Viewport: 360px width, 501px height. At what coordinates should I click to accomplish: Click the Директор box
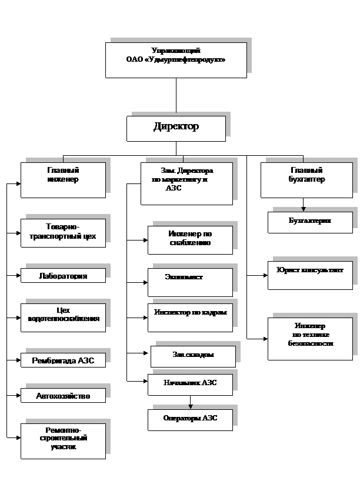pos(176,128)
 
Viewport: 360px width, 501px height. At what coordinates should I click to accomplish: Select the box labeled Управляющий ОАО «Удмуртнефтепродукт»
pos(176,59)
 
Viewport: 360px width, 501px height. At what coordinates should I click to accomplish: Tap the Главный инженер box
pos(63,180)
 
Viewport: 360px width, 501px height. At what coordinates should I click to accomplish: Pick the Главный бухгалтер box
pos(306,180)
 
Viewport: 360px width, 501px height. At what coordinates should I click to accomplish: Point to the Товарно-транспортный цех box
pos(63,233)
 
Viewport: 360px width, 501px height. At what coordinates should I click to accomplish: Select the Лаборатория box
pos(63,276)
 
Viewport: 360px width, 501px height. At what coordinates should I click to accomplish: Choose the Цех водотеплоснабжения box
pos(63,318)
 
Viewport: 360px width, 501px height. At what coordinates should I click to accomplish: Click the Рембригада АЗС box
pos(63,360)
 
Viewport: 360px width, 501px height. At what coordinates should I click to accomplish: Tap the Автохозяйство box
pos(63,396)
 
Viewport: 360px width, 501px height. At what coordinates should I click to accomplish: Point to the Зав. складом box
pos(193,356)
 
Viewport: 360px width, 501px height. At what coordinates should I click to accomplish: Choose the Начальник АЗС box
pos(190,384)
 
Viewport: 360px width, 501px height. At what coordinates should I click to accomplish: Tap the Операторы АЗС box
pos(190,418)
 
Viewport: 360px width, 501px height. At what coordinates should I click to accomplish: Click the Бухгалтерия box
pos(310,222)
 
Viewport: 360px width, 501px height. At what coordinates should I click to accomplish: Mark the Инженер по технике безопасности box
pos(310,339)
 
